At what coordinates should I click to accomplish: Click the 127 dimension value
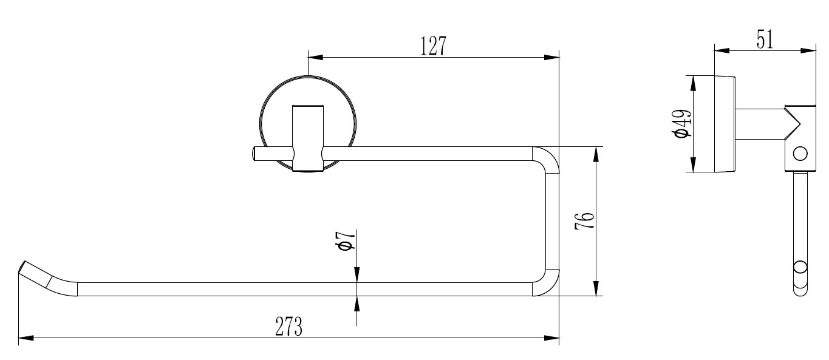click(434, 46)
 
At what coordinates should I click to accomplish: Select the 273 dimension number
click(289, 327)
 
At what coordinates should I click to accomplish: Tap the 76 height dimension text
click(584, 222)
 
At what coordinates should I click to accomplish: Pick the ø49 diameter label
click(681, 124)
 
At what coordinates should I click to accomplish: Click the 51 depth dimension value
click(764, 39)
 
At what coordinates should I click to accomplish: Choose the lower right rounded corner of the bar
click(547, 284)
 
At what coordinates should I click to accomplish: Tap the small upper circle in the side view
click(800, 153)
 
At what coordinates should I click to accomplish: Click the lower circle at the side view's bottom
click(801, 268)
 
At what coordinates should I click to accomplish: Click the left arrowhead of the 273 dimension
click(26, 337)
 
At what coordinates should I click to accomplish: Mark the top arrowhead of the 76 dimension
click(597, 154)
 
